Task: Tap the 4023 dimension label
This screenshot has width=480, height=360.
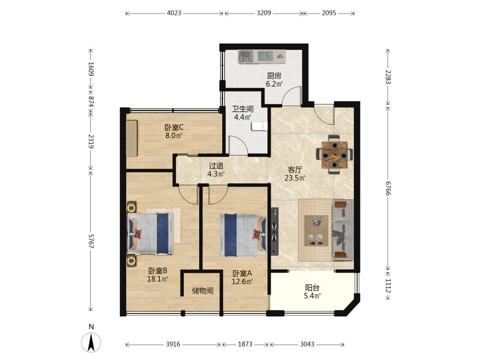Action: [x=174, y=13]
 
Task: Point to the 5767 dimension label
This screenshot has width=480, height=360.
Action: [x=91, y=241]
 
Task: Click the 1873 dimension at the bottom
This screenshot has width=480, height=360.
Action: [x=245, y=344]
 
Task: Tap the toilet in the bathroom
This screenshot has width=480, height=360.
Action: [x=259, y=126]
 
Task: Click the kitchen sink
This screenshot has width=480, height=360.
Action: [x=246, y=56]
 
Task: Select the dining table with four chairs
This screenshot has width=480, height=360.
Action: [x=334, y=154]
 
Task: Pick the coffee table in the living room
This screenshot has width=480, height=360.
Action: [x=316, y=230]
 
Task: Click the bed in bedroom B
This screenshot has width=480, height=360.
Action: [x=151, y=234]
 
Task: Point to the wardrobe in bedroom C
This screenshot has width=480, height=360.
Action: [x=132, y=138]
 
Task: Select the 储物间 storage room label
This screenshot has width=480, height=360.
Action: [x=203, y=291]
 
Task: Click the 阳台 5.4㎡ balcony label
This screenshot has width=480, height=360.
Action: [x=312, y=292]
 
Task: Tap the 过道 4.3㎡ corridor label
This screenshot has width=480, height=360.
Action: [x=216, y=170]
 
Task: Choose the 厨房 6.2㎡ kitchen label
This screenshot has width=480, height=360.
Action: [x=274, y=80]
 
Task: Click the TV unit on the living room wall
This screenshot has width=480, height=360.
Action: [x=274, y=231]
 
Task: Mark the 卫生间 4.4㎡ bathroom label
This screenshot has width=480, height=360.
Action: [x=243, y=113]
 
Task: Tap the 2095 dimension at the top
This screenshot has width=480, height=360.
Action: [x=329, y=13]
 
